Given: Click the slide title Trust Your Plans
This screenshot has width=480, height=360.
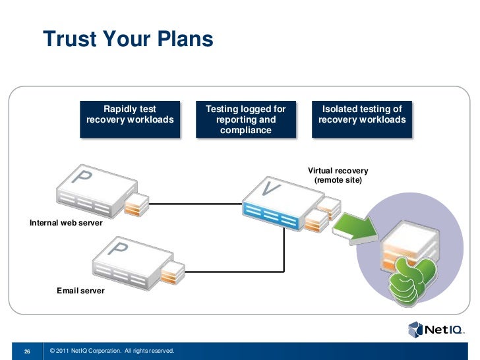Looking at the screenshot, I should [129, 40].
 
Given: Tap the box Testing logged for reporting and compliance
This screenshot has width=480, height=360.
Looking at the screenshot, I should [245, 119].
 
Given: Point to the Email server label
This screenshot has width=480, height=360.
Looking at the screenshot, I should [80, 290].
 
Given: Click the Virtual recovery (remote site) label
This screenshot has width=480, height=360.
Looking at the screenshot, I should [338, 175].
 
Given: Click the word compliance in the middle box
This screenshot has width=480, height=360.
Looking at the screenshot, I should [246, 131].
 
